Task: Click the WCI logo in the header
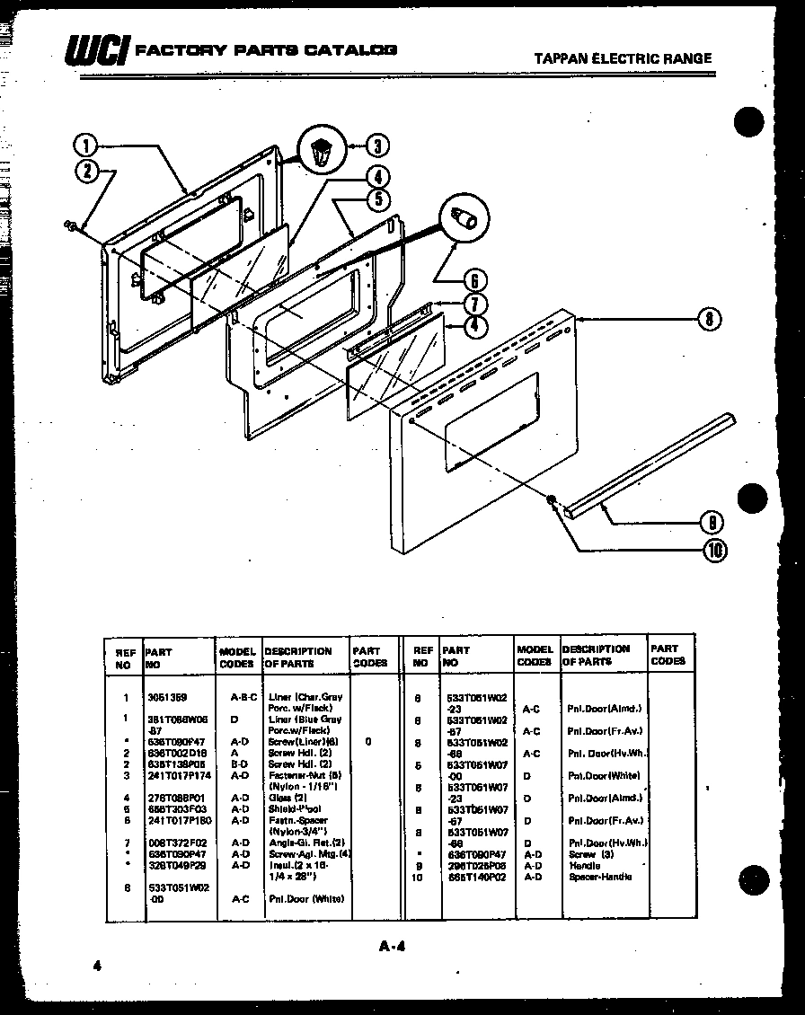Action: (x=95, y=52)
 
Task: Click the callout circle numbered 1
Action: (x=85, y=145)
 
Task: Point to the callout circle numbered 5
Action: (x=377, y=199)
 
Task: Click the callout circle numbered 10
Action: (x=716, y=549)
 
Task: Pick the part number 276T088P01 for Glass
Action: (x=172, y=798)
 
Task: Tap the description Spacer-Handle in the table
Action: (x=599, y=877)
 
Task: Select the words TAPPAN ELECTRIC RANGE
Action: (x=623, y=58)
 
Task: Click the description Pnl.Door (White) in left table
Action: (x=305, y=898)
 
